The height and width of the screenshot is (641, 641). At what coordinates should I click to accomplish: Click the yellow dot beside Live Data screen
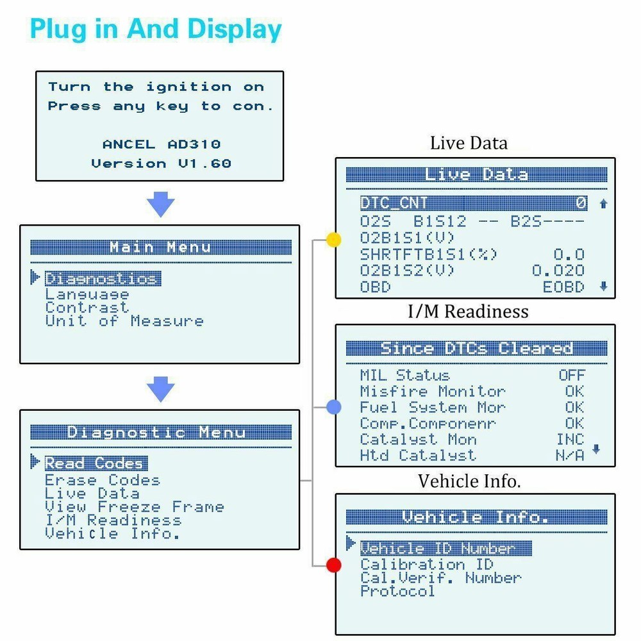pyautogui.click(x=333, y=240)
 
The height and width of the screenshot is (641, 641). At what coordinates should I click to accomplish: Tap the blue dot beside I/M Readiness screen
pyautogui.click(x=333, y=407)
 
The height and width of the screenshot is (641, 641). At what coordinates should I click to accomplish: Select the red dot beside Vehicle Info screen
pyautogui.click(x=333, y=565)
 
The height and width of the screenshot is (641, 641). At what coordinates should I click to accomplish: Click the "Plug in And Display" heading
pyautogui.click(x=156, y=29)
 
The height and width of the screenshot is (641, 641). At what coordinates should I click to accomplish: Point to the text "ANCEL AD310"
pyautogui.click(x=162, y=144)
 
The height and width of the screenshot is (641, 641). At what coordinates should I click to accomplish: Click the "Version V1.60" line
pyautogui.click(x=161, y=163)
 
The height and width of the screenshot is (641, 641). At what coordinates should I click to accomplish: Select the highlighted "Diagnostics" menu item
pyautogui.click(x=101, y=279)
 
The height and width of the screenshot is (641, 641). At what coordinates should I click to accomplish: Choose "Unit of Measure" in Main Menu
pyautogui.click(x=124, y=321)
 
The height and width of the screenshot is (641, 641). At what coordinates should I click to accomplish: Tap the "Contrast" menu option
pyautogui.click(x=87, y=308)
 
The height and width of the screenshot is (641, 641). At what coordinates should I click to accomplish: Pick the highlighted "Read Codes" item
pyautogui.click(x=95, y=463)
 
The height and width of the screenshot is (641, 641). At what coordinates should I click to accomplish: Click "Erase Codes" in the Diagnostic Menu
pyautogui.click(x=102, y=480)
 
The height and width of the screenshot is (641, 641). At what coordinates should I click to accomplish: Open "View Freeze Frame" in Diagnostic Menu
pyautogui.click(x=134, y=507)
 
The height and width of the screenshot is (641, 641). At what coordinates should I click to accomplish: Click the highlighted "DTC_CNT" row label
pyautogui.click(x=394, y=203)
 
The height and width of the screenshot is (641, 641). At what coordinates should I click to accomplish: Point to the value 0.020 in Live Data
pyautogui.click(x=558, y=271)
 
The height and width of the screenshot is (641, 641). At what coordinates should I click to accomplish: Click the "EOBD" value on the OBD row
pyautogui.click(x=563, y=287)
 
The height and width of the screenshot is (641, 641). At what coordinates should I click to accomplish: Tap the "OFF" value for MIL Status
pyautogui.click(x=571, y=376)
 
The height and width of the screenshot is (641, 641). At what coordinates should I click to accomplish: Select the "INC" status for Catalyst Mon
pyautogui.click(x=570, y=440)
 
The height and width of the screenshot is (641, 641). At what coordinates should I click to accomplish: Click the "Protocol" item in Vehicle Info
pyautogui.click(x=397, y=591)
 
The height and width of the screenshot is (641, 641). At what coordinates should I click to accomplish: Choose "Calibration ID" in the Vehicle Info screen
pyautogui.click(x=426, y=565)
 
